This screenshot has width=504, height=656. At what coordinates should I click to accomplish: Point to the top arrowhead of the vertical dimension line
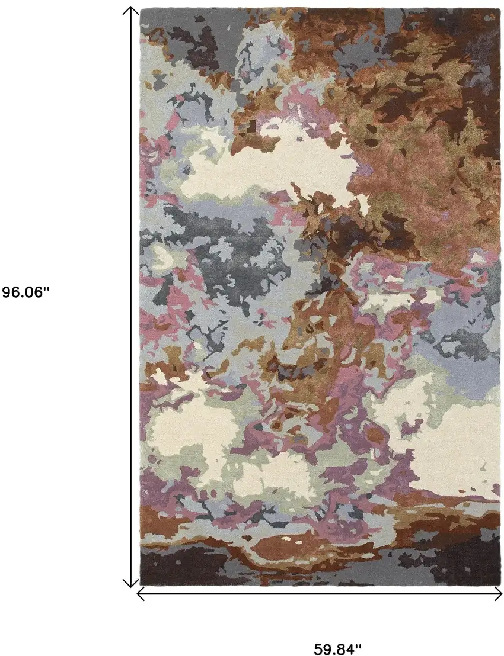[130, 10]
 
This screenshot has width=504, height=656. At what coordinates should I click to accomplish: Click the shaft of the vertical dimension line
[130, 296]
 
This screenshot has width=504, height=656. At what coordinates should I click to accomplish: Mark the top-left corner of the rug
[141, 9]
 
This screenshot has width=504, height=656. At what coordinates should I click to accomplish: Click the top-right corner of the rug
[500, 9]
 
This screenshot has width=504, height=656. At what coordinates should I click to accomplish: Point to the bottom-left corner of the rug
[141, 584]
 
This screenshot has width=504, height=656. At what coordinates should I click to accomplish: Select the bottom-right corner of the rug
[500, 584]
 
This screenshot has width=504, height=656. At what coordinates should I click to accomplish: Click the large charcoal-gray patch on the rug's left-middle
[219, 249]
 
